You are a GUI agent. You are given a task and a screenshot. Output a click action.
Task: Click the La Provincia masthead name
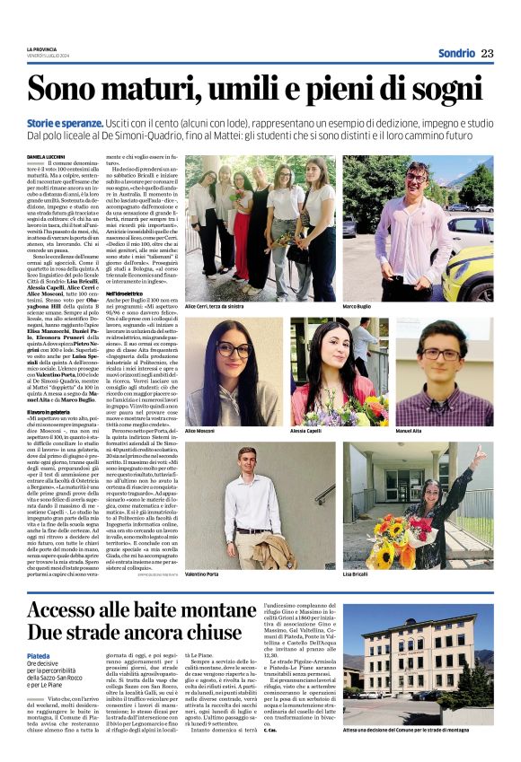click(x=41, y=48)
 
